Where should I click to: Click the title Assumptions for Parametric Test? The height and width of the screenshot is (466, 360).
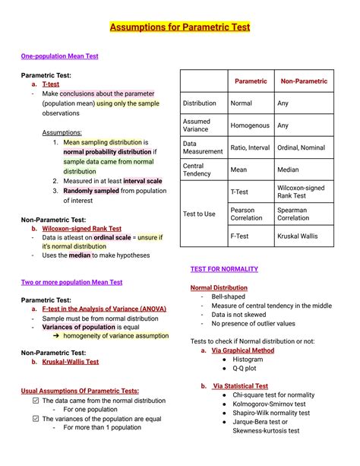coord(180,27)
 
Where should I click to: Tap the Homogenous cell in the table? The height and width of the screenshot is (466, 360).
coord(250,125)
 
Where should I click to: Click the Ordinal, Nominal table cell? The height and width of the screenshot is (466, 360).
coord(301,147)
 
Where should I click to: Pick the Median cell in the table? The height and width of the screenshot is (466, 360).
coord(288,170)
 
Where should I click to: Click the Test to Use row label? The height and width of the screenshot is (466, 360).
coord(199,214)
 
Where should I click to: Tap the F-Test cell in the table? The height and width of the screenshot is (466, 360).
coord(240,236)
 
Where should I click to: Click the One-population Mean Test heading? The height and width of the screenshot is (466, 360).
coord(59,56)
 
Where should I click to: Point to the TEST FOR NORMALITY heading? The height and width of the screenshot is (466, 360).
coord(224,269)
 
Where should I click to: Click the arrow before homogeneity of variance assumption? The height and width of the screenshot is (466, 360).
coord(55,335)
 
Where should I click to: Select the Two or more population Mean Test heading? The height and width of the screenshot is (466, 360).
coord(71,282)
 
